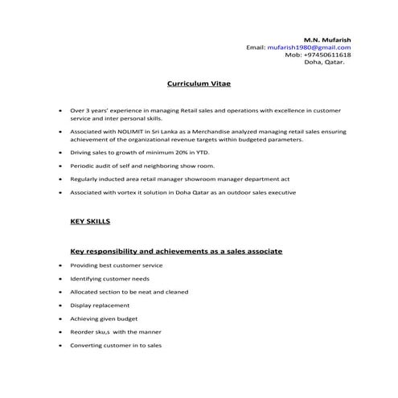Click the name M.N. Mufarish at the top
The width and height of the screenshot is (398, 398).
(326, 39)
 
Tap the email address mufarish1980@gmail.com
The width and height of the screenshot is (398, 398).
(309, 47)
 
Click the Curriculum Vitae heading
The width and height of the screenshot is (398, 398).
(198, 83)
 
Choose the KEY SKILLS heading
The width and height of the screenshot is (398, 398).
(91, 220)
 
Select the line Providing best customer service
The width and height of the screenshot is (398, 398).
(117, 265)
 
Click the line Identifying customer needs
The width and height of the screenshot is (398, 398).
(109, 279)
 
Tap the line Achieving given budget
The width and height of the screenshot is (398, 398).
(105, 319)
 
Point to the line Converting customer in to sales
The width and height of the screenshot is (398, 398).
(116, 346)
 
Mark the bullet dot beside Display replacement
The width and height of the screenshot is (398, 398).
(59, 306)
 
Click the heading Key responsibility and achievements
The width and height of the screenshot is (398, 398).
(176, 252)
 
